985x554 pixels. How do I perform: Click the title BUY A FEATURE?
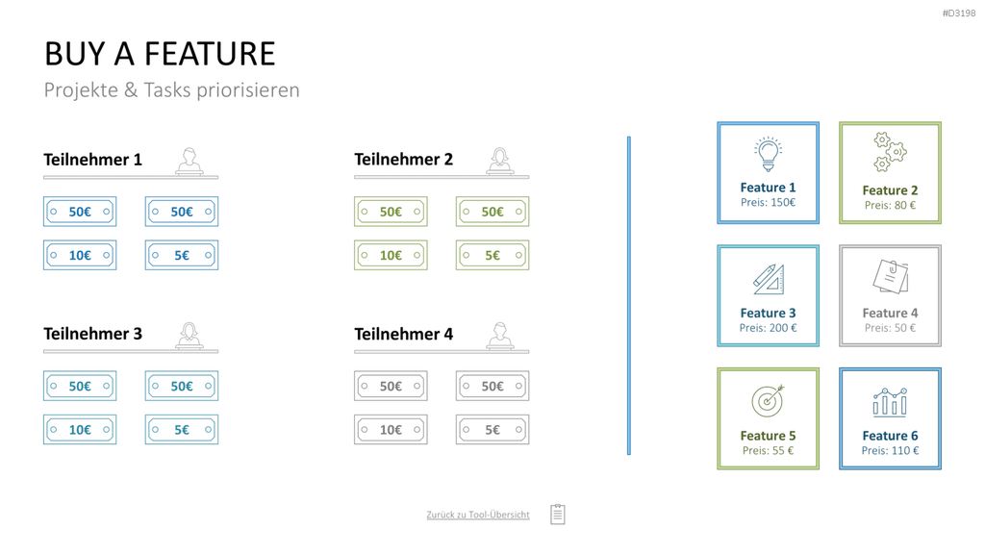click(160, 54)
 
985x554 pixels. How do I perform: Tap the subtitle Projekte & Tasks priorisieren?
click(171, 89)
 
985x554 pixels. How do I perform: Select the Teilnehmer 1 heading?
click(93, 160)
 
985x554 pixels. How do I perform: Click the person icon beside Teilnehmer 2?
click(500, 161)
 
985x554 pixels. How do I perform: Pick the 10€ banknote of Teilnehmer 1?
click(80, 255)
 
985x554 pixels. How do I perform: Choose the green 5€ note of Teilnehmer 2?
click(492, 255)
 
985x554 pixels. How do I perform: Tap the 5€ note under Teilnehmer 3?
click(182, 430)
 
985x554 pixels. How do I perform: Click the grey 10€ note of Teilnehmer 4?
click(391, 430)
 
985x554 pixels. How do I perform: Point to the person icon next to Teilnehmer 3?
click(189, 336)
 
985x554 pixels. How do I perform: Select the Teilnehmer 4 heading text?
click(403, 334)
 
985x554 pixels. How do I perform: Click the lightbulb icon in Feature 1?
click(768, 154)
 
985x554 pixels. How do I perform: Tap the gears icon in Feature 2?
click(890, 152)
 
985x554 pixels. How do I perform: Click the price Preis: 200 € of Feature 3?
click(768, 328)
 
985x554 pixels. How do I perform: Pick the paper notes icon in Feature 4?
click(890, 276)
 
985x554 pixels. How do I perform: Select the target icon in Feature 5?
click(768, 401)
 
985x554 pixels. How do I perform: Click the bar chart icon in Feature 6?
click(890, 402)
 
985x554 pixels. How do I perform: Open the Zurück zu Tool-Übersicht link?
click(478, 515)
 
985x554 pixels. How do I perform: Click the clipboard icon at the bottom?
click(558, 514)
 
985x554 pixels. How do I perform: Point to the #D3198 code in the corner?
click(959, 13)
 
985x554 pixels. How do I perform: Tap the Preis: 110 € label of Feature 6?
click(890, 450)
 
